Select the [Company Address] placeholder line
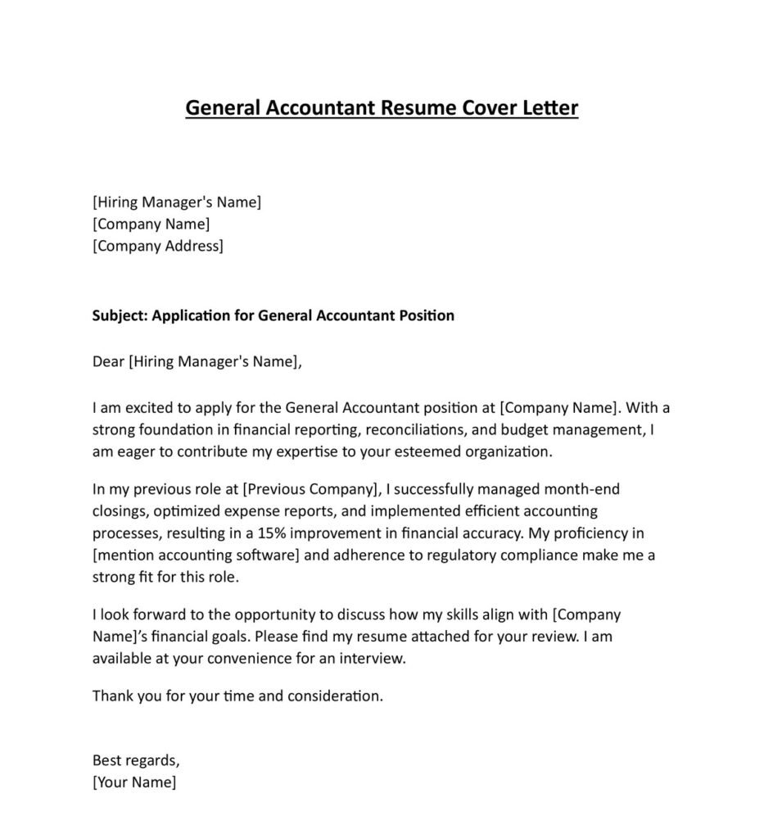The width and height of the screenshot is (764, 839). pos(157,246)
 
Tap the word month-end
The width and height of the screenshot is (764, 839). pos(583,490)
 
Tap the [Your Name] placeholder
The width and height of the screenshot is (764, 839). pos(134,782)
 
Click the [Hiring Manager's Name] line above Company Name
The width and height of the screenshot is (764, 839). pos(177,202)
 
